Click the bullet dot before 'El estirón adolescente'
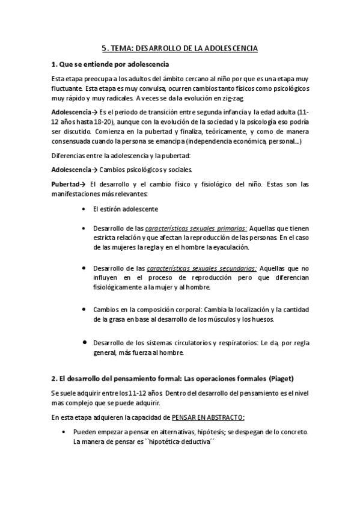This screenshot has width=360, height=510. (82, 208)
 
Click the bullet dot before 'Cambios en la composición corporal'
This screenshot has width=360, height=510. (82, 309)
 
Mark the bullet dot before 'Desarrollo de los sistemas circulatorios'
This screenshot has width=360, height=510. (82, 342)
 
